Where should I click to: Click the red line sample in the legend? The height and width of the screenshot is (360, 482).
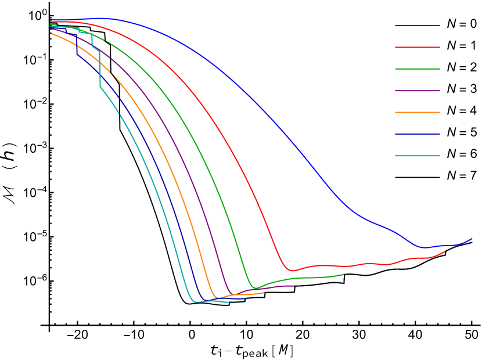[x=417, y=47]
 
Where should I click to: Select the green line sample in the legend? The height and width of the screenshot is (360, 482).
[x=417, y=69]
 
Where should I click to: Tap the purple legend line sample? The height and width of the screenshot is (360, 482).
[x=417, y=91]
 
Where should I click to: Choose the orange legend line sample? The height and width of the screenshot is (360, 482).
[x=417, y=112]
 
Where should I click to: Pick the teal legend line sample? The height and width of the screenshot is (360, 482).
[x=417, y=156]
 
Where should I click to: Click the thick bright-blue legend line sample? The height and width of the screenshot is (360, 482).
[x=417, y=26]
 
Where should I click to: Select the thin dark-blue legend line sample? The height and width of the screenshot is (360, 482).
[x=417, y=134]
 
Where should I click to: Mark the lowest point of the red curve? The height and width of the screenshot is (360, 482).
[x=292, y=271]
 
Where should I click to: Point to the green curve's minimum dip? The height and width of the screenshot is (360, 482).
[x=256, y=288]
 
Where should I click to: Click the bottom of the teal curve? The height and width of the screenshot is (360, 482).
[x=195, y=302]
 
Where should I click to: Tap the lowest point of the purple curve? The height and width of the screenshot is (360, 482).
[x=233, y=294]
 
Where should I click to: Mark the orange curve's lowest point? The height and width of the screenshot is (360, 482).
[x=218, y=298]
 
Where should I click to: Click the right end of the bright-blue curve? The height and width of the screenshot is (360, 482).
[x=472, y=239]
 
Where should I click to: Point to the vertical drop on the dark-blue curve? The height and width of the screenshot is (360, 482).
[x=77, y=46]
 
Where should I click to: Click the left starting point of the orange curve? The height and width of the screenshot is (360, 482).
[x=51, y=34]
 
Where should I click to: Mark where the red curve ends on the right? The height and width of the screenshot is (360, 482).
[x=446, y=251]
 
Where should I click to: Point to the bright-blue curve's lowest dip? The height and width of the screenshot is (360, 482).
[x=426, y=247]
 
